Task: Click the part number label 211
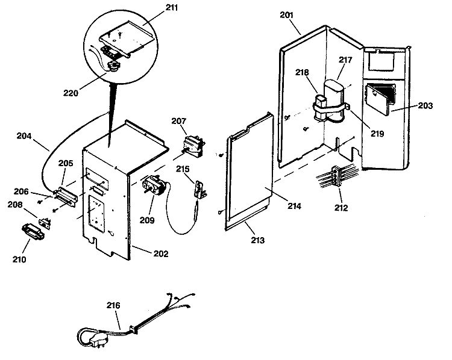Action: (172, 7)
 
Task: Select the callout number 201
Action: (286, 15)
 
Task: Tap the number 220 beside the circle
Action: (71, 93)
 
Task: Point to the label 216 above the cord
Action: (113, 305)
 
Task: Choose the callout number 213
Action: (257, 240)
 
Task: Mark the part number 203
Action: (425, 106)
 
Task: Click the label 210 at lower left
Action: (19, 259)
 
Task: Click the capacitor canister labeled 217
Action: (334, 99)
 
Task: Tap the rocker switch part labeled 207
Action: (193, 147)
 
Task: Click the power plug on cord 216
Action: (96, 340)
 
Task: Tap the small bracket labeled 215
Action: (201, 190)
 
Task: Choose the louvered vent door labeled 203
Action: (380, 98)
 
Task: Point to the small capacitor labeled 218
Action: (319, 107)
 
